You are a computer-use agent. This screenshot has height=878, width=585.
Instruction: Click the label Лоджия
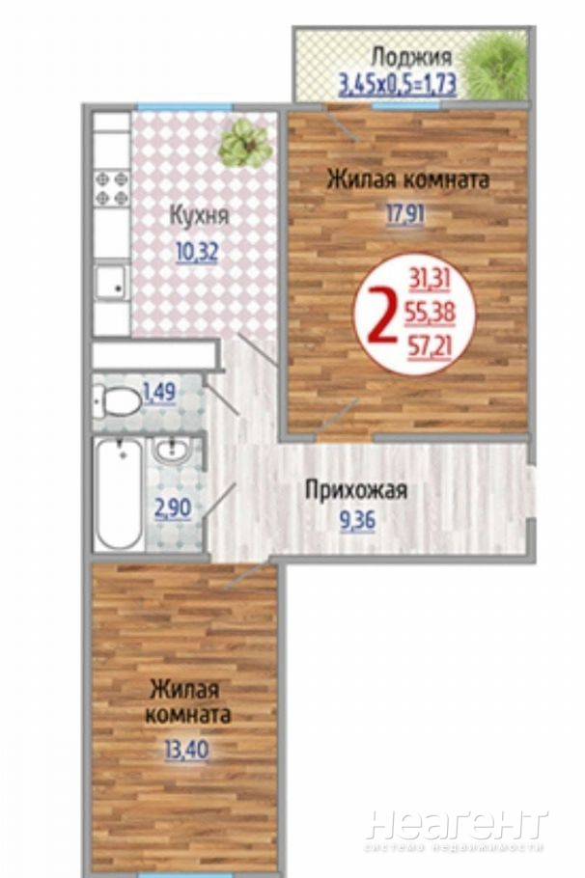(412, 58)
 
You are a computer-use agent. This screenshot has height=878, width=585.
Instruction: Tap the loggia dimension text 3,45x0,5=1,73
(397, 85)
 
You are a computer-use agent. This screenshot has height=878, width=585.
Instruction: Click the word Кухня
(200, 216)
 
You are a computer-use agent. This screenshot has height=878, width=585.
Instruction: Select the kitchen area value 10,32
(197, 253)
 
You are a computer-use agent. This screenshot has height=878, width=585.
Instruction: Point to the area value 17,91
(404, 214)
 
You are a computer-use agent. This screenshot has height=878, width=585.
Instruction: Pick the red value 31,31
(430, 279)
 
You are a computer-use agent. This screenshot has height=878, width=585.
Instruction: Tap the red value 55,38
(430, 314)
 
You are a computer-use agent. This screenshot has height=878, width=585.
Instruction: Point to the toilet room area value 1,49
(159, 392)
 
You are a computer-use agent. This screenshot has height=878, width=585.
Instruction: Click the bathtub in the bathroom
(119, 493)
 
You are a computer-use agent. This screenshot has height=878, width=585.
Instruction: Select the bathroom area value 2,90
(173, 509)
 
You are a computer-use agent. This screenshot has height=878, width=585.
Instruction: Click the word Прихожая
(356, 491)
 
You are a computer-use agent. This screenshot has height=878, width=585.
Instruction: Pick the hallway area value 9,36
(357, 521)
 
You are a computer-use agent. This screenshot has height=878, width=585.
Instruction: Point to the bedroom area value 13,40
(186, 749)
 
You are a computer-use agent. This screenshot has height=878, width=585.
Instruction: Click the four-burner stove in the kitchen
(111, 188)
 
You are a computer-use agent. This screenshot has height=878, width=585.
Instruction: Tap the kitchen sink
(111, 284)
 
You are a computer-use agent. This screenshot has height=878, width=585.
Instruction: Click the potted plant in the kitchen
(245, 144)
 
